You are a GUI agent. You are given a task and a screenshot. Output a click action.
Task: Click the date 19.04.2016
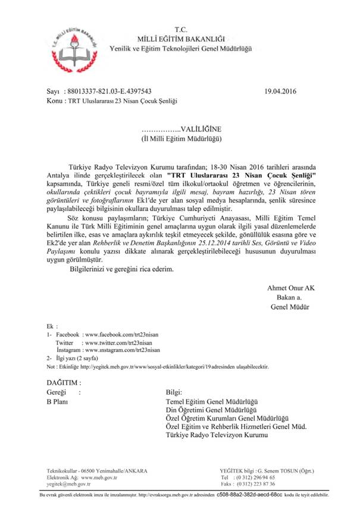(280, 92)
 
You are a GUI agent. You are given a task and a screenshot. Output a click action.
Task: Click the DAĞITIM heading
(63, 382)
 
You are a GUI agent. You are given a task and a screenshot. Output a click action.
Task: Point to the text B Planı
(58, 402)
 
